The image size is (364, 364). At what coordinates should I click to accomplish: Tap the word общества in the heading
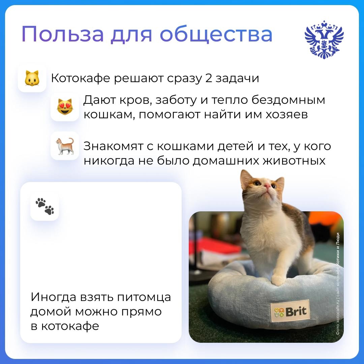[216, 34]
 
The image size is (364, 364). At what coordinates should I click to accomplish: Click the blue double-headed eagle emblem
[324, 40]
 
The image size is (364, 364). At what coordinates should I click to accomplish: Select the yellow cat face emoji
[32, 79]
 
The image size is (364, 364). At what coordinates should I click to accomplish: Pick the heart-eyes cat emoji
[65, 107]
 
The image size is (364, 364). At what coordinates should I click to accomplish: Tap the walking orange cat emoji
[65, 146]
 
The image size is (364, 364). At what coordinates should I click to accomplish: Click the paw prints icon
[44, 206]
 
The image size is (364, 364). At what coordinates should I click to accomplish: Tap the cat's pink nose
[267, 185]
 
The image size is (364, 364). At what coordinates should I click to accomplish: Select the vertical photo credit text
[338, 283]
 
